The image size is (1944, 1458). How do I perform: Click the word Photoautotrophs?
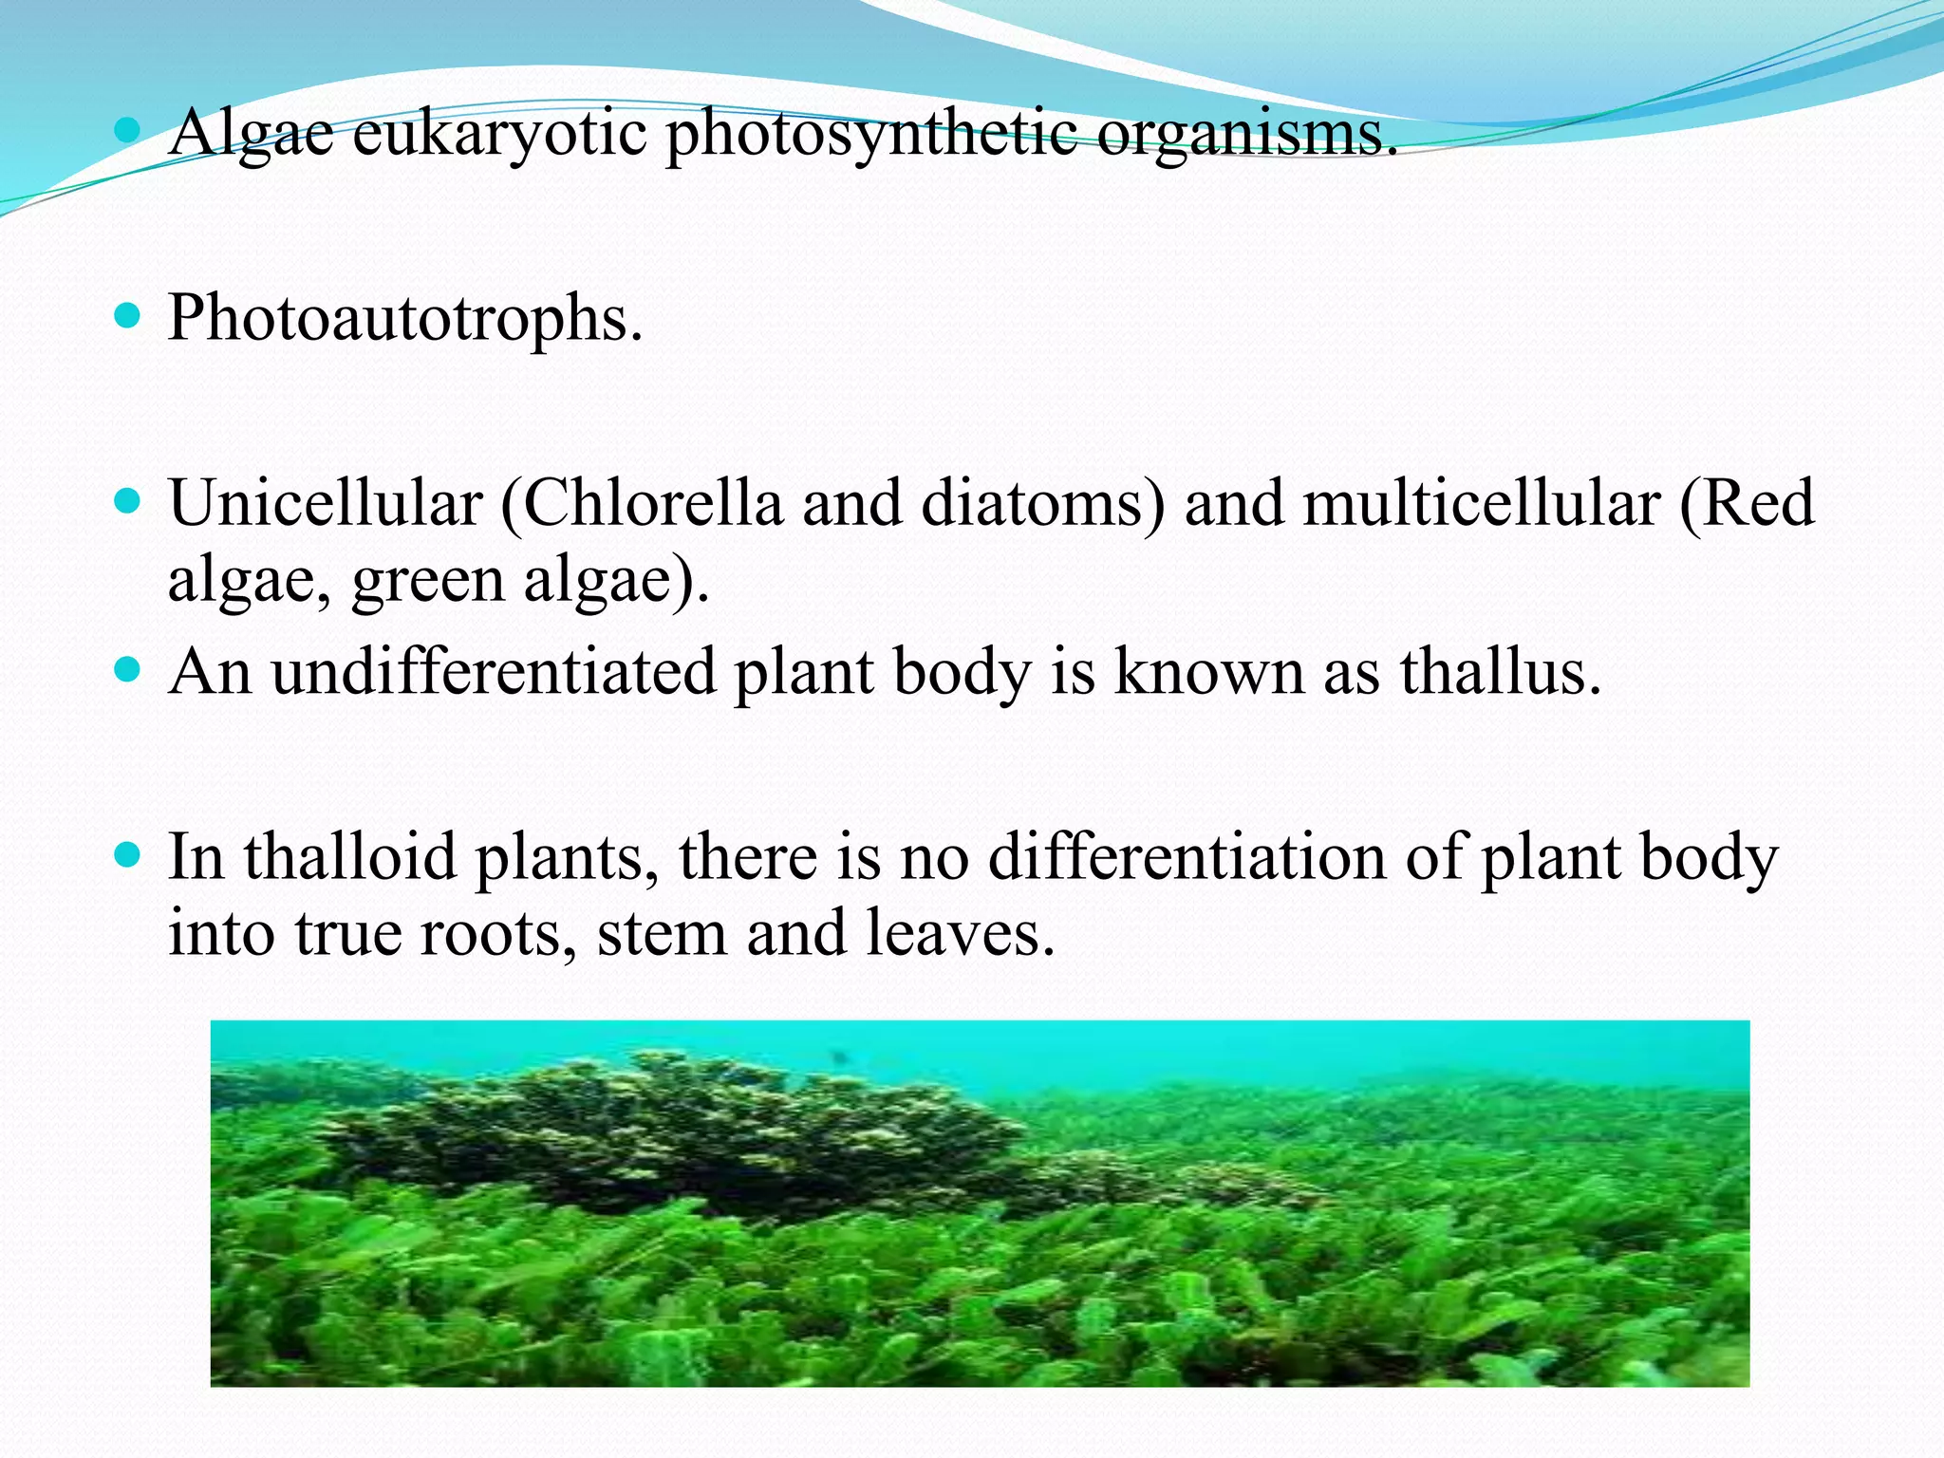405,318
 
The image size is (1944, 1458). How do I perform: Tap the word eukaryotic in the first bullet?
499,134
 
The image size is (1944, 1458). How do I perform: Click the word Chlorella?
653,503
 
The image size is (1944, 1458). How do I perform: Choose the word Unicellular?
326,503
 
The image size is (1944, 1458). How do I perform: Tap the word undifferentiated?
494,673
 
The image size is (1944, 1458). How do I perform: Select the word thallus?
1500,673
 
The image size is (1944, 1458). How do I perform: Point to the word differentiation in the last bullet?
1187,857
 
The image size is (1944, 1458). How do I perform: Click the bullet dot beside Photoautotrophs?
126,314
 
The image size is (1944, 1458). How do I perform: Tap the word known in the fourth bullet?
1208,673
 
